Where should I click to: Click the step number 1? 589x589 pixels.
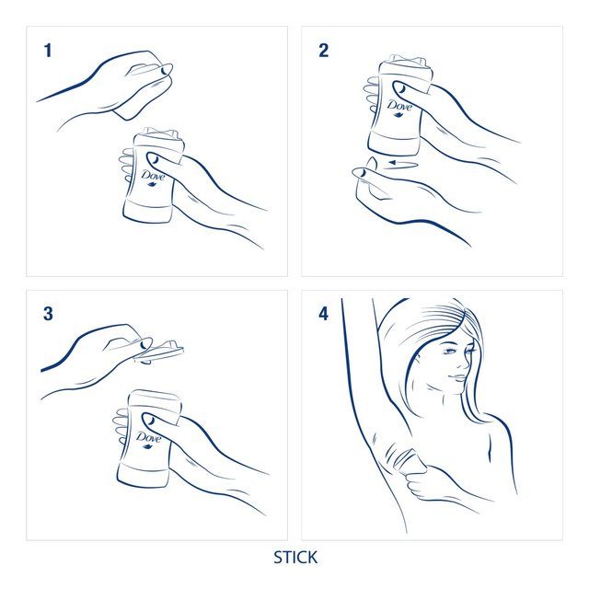47,51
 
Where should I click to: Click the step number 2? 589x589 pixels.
323,51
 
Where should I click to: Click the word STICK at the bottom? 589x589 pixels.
294,558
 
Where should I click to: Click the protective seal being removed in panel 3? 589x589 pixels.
161,347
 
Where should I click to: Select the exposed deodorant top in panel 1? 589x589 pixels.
154,133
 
